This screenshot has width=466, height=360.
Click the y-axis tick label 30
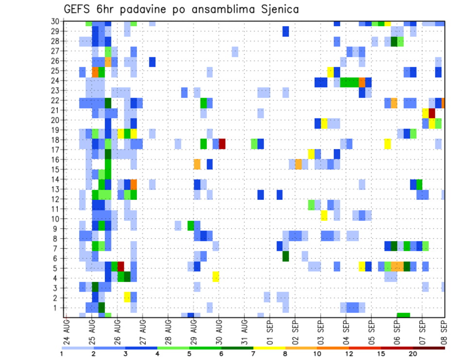pyautogui.click(x=56, y=21)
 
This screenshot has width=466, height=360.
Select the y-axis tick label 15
pyautogui.click(x=56, y=169)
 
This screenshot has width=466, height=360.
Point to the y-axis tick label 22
pyautogui.click(x=56, y=100)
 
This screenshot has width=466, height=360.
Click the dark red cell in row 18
pyautogui.click(x=222, y=144)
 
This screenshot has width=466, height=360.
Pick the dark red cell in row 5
pyautogui.click(x=121, y=267)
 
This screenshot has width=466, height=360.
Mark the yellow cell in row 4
pyautogui.click(x=216, y=277)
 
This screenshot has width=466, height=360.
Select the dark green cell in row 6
pyautogui.click(x=286, y=256)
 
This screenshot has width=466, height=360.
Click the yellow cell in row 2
pyautogui.click(x=127, y=296)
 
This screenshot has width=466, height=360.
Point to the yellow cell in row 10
pyautogui.click(x=324, y=215)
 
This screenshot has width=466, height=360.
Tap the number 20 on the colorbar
pyautogui.click(x=413, y=353)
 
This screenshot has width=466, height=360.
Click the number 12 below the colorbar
pyautogui.click(x=349, y=353)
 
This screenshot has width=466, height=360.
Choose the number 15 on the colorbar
pyautogui.click(x=381, y=353)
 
